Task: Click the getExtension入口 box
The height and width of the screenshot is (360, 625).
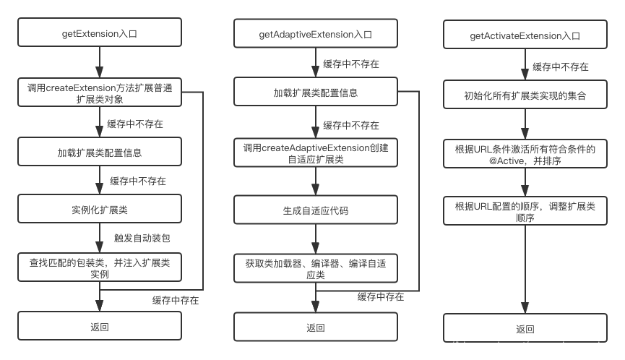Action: point(100,33)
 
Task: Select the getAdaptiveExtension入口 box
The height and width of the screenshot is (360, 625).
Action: point(315,34)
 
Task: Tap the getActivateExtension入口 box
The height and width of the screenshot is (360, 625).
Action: point(525,35)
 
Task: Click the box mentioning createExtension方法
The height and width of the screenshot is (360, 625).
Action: point(100,93)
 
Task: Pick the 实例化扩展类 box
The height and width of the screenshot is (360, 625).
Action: point(100,209)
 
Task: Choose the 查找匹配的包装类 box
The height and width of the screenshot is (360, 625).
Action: point(100,267)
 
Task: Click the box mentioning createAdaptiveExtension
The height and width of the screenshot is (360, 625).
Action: point(315,153)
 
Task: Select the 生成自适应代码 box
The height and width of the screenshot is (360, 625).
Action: point(315,211)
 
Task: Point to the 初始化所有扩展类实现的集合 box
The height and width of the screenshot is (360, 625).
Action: point(525,95)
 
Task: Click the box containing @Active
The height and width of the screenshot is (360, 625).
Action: point(525,154)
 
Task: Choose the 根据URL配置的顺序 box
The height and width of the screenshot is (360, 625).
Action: point(525,212)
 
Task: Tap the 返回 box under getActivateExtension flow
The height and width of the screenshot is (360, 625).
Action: point(525,329)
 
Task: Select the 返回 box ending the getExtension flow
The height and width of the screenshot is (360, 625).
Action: point(100,327)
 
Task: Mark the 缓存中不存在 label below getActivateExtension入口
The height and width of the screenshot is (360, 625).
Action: point(561,67)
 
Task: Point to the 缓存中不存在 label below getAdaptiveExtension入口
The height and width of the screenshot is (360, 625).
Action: point(351,64)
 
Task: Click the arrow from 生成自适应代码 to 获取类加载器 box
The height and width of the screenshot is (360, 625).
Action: point(315,240)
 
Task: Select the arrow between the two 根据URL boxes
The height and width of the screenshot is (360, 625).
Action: point(525,183)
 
